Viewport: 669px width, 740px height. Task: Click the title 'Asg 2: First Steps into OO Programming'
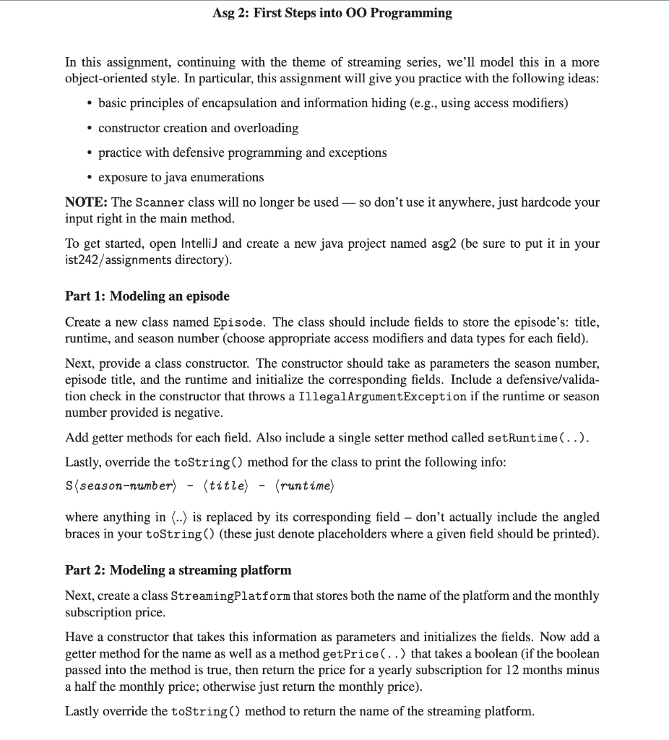(333, 13)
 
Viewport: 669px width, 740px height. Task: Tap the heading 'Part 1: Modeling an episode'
(147, 296)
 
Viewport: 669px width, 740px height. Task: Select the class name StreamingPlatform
(230, 596)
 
